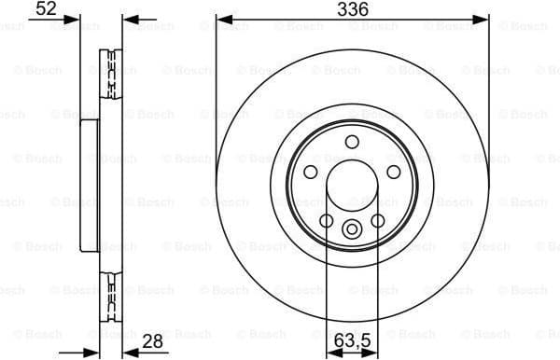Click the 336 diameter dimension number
(x=352, y=9)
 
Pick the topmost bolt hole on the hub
(x=352, y=142)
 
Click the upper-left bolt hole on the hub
(x=312, y=171)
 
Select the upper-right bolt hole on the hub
(x=392, y=171)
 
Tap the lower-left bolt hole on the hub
(x=327, y=220)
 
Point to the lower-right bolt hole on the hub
(x=377, y=220)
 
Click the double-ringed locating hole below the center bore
(x=352, y=229)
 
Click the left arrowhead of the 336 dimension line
(x=221, y=20)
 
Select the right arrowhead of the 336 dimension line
(x=483, y=20)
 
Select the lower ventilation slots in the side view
(x=110, y=291)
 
